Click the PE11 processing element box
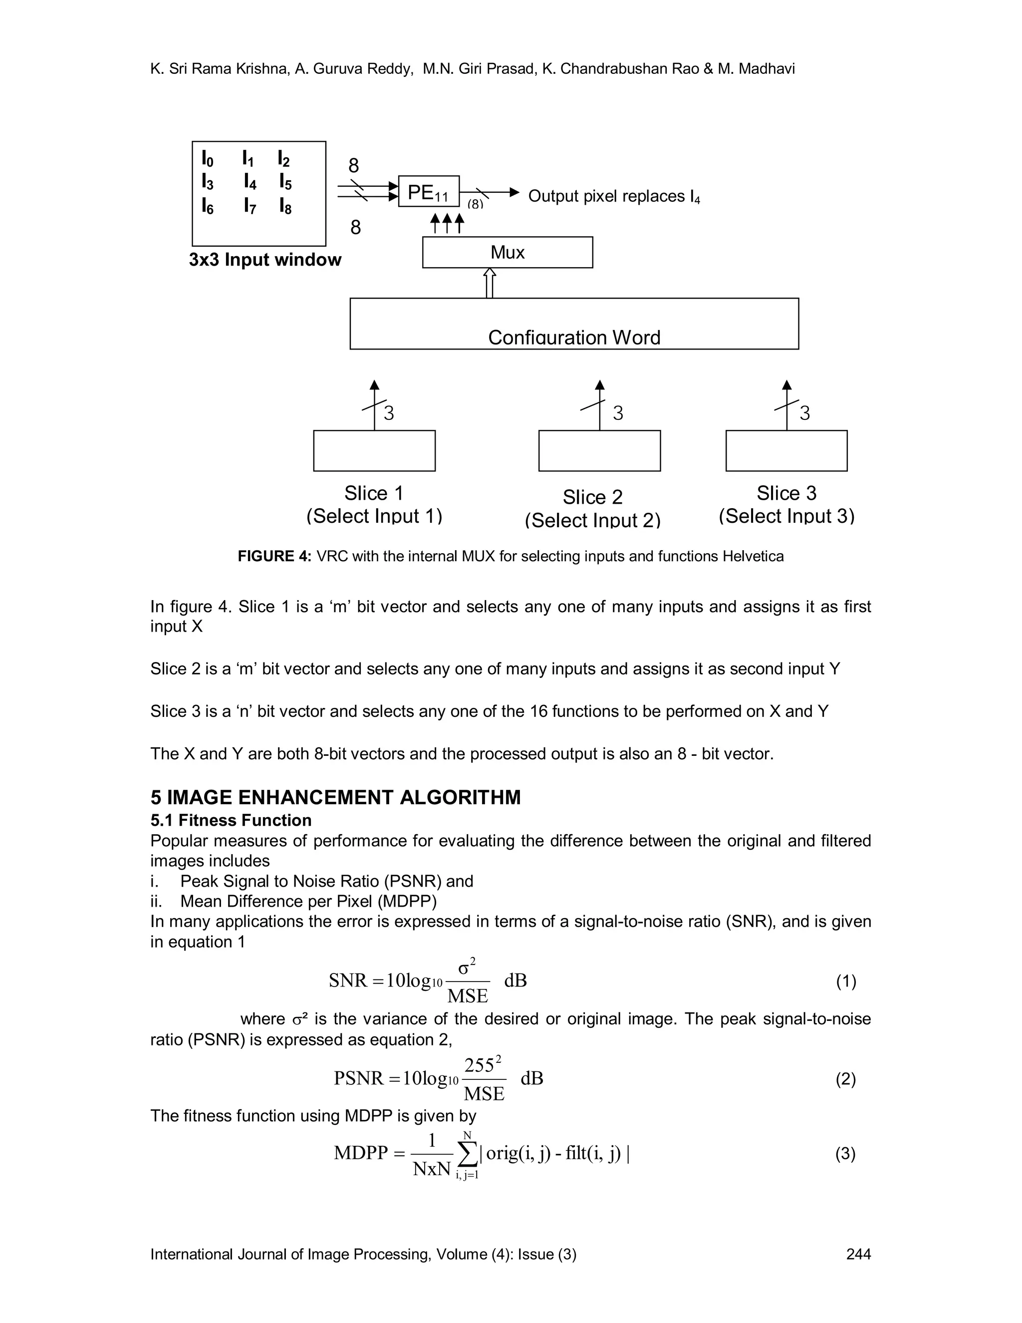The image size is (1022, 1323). (x=428, y=191)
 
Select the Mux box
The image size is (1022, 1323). (x=507, y=252)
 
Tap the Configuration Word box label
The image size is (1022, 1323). (x=573, y=337)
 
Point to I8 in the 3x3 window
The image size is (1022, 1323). (x=285, y=207)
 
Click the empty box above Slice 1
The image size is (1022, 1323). (x=374, y=451)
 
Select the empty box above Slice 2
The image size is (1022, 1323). (x=599, y=451)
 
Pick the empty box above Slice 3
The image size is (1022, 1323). (x=786, y=451)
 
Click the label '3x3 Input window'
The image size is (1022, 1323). (x=264, y=260)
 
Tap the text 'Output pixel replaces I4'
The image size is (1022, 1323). (x=613, y=197)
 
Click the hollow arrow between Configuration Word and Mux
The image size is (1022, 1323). (x=490, y=283)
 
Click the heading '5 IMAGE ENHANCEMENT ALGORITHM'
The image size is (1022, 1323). (x=335, y=797)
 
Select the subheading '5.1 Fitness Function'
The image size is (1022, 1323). (x=231, y=820)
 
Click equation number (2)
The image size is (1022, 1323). (x=845, y=1079)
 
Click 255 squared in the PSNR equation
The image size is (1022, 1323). (x=483, y=1064)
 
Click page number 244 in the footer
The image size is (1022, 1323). (x=858, y=1254)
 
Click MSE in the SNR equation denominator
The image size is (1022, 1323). (x=468, y=996)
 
